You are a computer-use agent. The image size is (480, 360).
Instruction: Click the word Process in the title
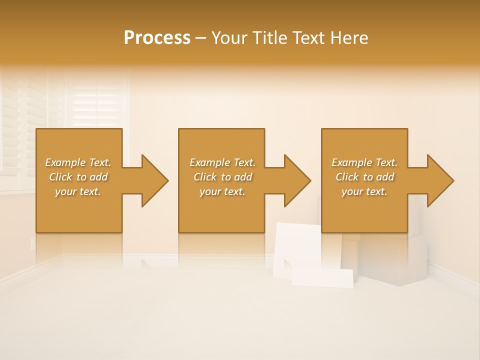click(157, 38)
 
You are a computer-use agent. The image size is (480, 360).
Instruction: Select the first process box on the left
click(79, 210)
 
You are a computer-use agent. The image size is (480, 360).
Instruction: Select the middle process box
click(221, 210)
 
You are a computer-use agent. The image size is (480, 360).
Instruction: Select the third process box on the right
click(364, 210)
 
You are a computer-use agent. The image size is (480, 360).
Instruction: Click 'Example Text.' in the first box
click(78, 162)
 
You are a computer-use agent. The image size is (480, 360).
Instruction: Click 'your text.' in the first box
click(78, 191)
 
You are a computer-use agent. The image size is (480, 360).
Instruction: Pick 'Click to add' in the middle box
click(222, 177)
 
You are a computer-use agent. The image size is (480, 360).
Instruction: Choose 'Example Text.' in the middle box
click(222, 162)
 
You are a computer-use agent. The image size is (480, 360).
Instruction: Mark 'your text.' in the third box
click(364, 191)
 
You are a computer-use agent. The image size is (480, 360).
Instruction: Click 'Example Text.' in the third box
click(364, 162)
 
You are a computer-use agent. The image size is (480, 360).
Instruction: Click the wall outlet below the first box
click(33, 243)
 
